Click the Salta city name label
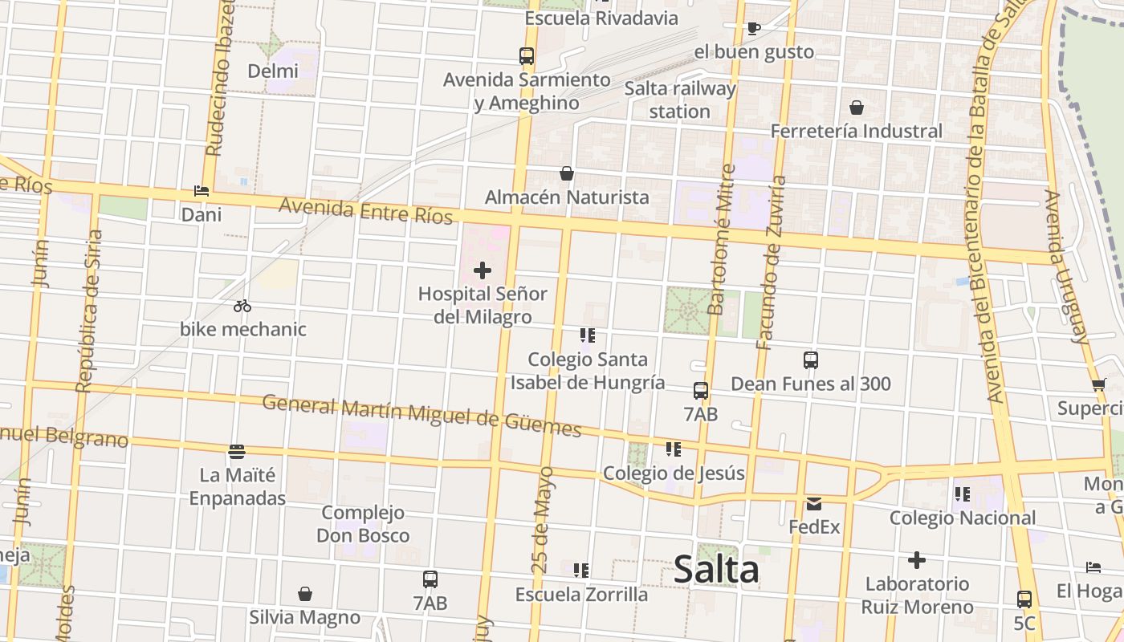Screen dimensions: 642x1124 pyautogui.click(x=716, y=570)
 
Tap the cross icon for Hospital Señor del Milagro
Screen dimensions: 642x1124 pyautogui.click(x=483, y=271)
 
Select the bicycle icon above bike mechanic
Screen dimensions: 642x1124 pyautogui.click(x=242, y=306)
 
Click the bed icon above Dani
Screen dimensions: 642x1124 pyautogui.click(x=201, y=191)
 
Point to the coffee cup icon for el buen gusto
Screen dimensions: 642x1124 pyautogui.click(x=753, y=29)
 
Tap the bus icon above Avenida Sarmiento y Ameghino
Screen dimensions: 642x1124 pyautogui.click(x=527, y=56)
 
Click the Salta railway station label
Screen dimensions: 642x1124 pyautogui.click(x=680, y=100)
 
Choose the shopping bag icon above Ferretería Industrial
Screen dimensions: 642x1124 pyautogui.click(x=857, y=108)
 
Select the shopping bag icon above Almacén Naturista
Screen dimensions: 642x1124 pyautogui.click(x=567, y=173)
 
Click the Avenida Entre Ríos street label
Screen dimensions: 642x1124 pyautogui.click(x=365, y=211)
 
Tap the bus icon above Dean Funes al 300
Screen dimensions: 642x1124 pyautogui.click(x=811, y=360)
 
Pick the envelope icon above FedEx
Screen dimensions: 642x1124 pyautogui.click(x=814, y=504)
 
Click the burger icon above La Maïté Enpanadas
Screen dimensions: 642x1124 pyautogui.click(x=236, y=452)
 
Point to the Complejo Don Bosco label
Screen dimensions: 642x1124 pyautogui.click(x=363, y=523)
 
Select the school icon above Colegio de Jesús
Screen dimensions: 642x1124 pyautogui.click(x=673, y=449)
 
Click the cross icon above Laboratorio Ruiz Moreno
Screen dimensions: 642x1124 pyautogui.click(x=917, y=560)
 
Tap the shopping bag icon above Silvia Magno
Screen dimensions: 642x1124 pyautogui.click(x=304, y=594)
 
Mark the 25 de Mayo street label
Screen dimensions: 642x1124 pyautogui.click(x=543, y=519)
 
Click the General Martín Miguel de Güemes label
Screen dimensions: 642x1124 pyautogui.click(x=421, y=415)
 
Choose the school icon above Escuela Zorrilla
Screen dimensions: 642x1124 pyautogui.click(x=581, y=571)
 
